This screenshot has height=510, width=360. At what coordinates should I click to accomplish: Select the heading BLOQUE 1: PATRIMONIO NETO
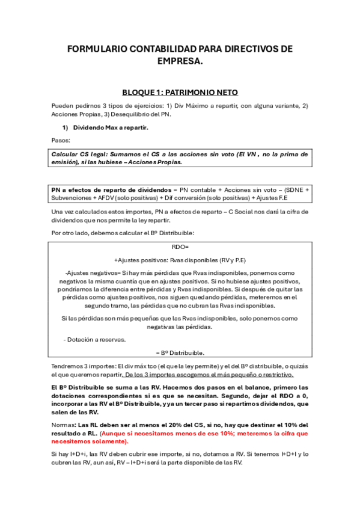pyautogui.click(x=180, y=92)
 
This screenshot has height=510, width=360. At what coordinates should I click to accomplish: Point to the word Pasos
pyautogui.click(x=61, y=140)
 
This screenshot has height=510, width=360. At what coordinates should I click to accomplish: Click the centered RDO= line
pyautogui.click(x=180, y=247)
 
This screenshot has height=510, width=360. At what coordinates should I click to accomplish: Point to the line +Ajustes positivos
pyautogui.click(x=180, y=260)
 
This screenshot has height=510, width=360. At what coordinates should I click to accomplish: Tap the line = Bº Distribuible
pyautogui.click(x=180, y=352)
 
